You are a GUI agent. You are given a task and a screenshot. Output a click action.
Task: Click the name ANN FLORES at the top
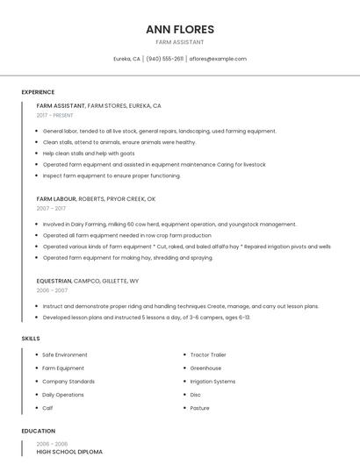coord(180,29)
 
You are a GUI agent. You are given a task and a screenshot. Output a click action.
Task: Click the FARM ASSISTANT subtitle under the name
coord(180,42)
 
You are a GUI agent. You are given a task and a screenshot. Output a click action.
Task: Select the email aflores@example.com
coord(218,59)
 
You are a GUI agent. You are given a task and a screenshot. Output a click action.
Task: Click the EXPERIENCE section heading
coord(38,92)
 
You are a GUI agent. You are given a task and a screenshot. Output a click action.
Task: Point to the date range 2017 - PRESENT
coord(54,115)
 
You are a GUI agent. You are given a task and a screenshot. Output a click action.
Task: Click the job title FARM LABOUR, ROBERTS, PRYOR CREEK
coord(96,198)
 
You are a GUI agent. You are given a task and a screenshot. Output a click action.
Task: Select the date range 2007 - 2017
coord(51,208)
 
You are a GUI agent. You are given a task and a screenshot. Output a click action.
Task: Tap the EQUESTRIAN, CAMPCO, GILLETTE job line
coord(87,281)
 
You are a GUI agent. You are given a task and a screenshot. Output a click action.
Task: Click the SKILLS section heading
coord(30,338)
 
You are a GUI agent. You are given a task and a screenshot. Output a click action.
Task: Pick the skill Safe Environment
coord(65,354)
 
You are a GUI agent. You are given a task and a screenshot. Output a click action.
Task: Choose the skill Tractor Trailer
coord(209,354)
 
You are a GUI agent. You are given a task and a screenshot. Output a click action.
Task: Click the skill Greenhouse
coord(205,368)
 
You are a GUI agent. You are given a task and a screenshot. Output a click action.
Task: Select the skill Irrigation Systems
coord(212,382)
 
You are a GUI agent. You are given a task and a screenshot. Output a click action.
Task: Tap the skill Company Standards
coord(68,382)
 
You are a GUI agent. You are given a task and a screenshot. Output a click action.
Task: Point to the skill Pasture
coord(199,408)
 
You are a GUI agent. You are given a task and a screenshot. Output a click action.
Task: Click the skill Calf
coord(47,408)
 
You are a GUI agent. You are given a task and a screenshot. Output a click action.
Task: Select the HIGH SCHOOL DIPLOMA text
coord(69,452)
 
